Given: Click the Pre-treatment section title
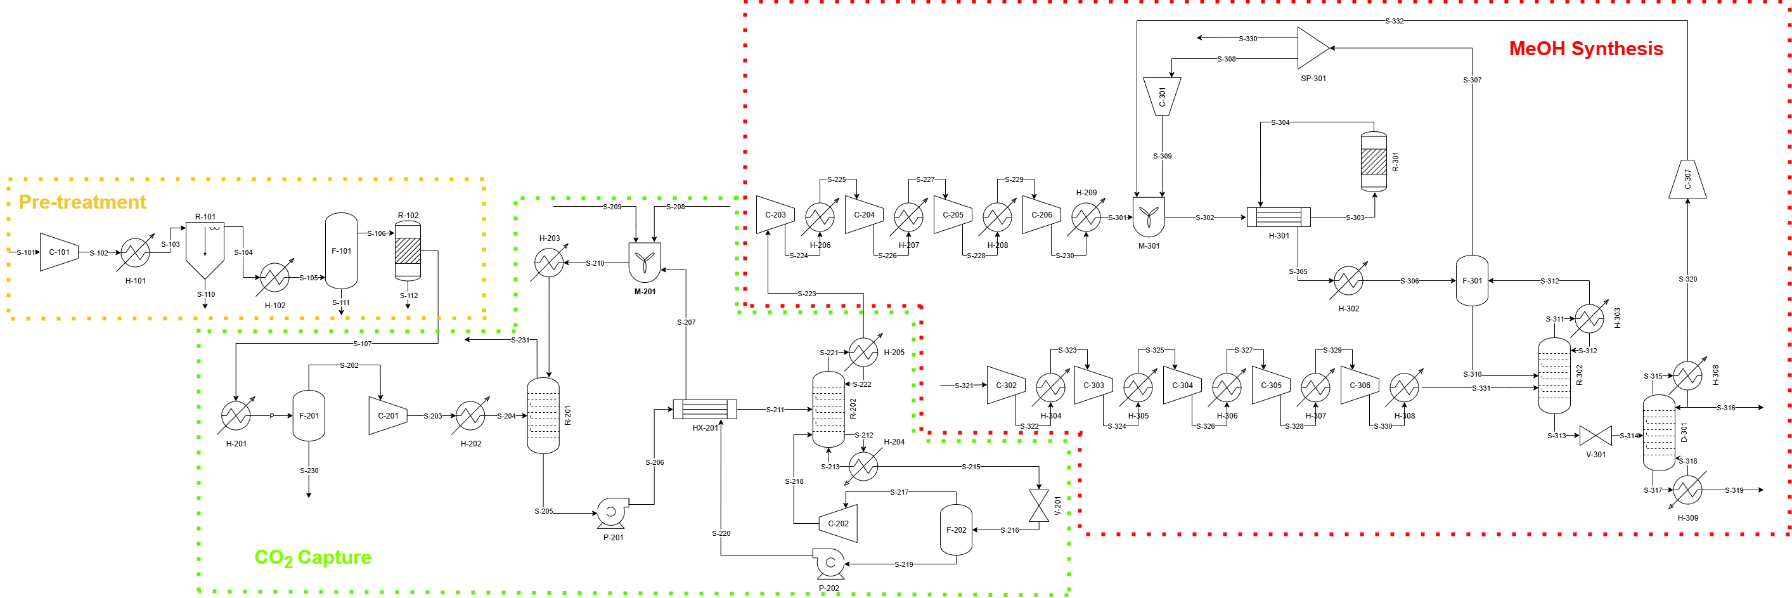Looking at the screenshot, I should click(x=82, y=202).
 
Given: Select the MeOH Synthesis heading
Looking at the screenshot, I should click(x=1585, y=49).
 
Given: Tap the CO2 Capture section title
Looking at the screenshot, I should click(x=313, y=557).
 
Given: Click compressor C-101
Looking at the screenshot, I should click(x=58, y=252).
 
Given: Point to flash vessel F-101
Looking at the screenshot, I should click(x=341, y=250).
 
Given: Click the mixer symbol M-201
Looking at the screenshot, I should click(x=645, y=263).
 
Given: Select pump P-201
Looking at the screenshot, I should click(x=612, y=512).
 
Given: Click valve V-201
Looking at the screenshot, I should click(x=1038, y=505).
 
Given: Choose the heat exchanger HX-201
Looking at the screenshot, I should click(x=705, y=409).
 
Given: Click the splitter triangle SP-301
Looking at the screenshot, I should click(x=1312, y=48).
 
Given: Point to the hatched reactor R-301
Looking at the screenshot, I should click(x=1373, y=162).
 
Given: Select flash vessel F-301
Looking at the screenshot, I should click(x=1472, y=280).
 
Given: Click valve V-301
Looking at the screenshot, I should click(x=1595, y=436).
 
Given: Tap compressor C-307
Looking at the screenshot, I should click(x=1687, y=179).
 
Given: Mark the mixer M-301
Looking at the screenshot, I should click(x=1149, y=218).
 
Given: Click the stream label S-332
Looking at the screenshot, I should click(x=1394, y=21).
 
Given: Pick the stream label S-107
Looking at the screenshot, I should click(x=362, y=344).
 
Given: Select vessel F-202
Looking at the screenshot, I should click(x=956, y=530).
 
